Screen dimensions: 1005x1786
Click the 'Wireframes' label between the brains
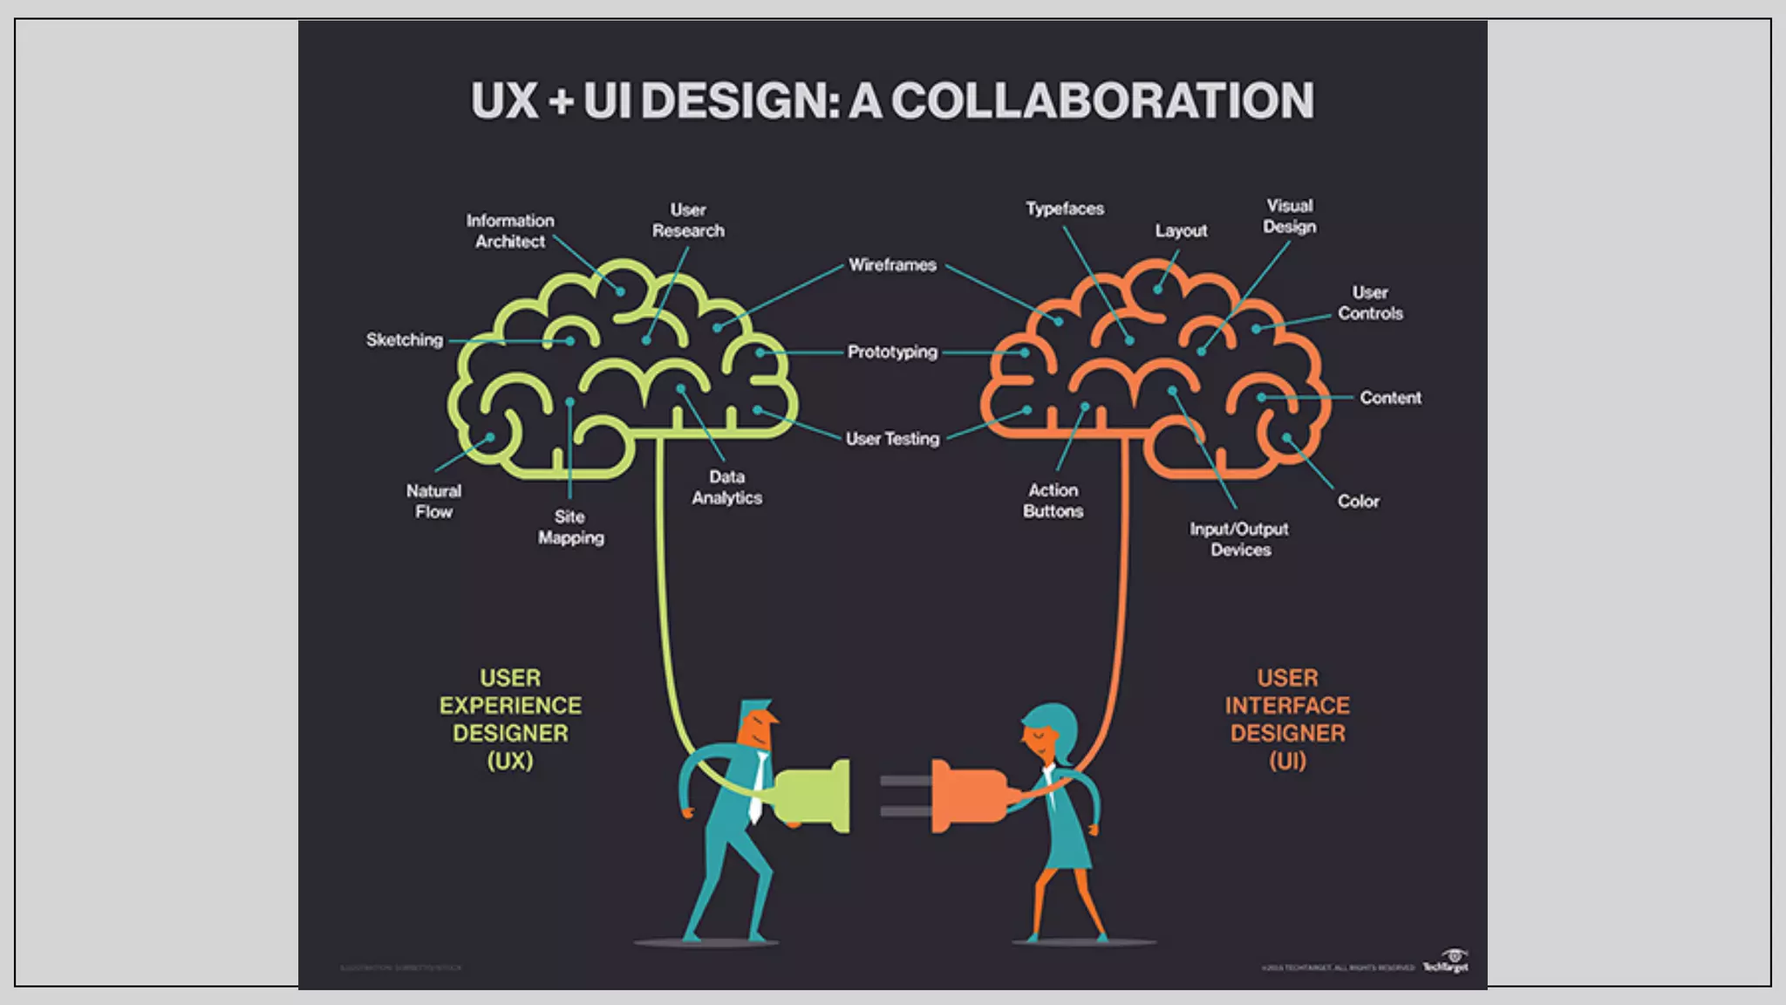[892, 264]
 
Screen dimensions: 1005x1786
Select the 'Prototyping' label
[892, 352]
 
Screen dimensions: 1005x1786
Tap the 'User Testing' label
[892, 439]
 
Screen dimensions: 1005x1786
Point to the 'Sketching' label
[405, 339]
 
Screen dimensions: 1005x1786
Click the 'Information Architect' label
[510, 231]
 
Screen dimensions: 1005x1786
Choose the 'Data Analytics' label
[726, 487]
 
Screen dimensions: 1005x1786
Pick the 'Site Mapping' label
[570, 527]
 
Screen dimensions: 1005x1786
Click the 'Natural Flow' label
[433, 501]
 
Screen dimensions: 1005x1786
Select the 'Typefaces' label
[1065, 209]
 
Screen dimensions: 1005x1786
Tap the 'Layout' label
[1181, 230]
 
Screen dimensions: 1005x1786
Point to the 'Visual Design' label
[1290, 215]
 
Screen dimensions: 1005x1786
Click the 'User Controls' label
[1370, 303]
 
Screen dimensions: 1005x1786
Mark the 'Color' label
[1359, 501]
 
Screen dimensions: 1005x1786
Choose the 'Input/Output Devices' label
[1239, 539]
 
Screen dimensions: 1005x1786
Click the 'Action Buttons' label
[1053, 501]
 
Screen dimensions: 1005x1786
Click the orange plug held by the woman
[968, 796]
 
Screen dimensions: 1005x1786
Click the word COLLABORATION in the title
[1102, 101]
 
